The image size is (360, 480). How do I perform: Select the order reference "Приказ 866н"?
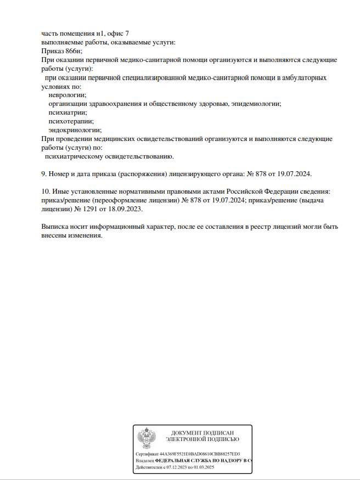pyautogui.click(x=60, y=50)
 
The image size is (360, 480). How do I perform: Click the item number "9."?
pyautogui.click(x=44, y=174)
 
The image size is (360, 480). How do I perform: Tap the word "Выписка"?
pyautogui.click(x=56, y=227)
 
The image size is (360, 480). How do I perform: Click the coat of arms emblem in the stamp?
pyautogui.click(x=146, y=438)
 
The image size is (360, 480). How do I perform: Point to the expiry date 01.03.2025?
pyautogui.click(x=205, y=468)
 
